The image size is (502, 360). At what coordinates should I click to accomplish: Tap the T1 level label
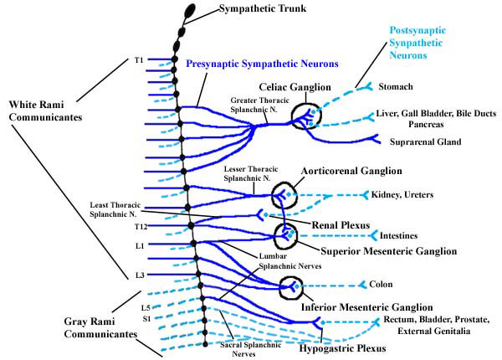tap(139, 60)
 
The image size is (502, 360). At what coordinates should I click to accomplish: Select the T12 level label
tap(141, 226)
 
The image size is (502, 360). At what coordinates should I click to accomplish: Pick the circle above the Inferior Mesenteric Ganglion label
tap(290, 287)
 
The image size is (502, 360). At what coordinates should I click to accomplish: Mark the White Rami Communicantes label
tap(46, 111)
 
